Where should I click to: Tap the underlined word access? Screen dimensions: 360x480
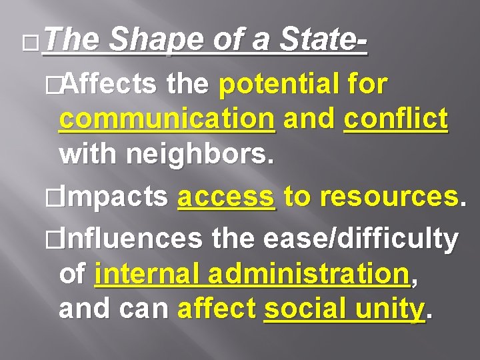226,197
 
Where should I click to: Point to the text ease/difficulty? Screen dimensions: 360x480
361,239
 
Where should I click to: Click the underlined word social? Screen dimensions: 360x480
303,309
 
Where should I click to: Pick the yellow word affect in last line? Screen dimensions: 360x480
217,309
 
